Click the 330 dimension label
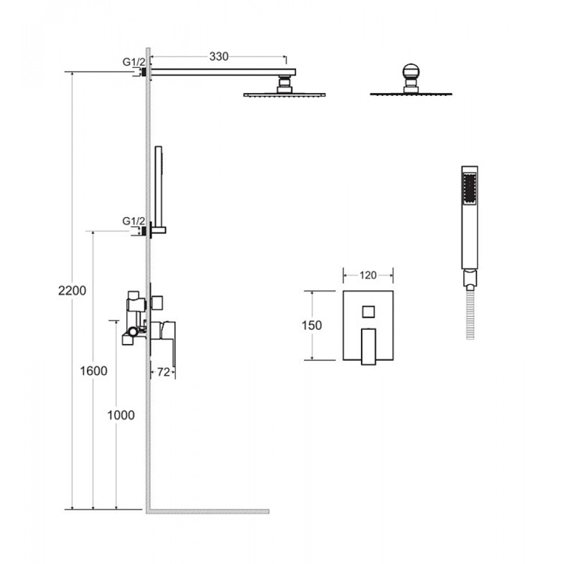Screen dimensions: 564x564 click(219, 56)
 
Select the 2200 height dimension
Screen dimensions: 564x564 click(72, 290)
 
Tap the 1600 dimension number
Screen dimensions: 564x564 click(94, 371)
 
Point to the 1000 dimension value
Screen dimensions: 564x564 click(121, 415)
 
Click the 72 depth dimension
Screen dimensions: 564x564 click(164, 372)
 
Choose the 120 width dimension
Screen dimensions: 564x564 click(368, 275)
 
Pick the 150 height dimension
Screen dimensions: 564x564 click(311, 325)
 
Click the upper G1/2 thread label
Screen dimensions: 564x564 click(134, 62)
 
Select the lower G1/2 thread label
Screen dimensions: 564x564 click(134, 221)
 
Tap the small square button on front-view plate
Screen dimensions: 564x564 click(368, 311)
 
